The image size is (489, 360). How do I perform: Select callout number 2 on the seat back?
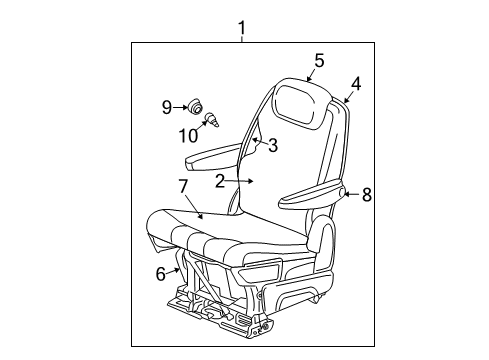pos(219,181)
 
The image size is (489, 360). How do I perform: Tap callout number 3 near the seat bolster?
pos(271,146)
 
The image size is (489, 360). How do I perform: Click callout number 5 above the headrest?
pos(318,61)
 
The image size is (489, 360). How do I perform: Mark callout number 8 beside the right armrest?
pos(366,195)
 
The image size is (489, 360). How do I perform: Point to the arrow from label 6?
pos(175,268)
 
